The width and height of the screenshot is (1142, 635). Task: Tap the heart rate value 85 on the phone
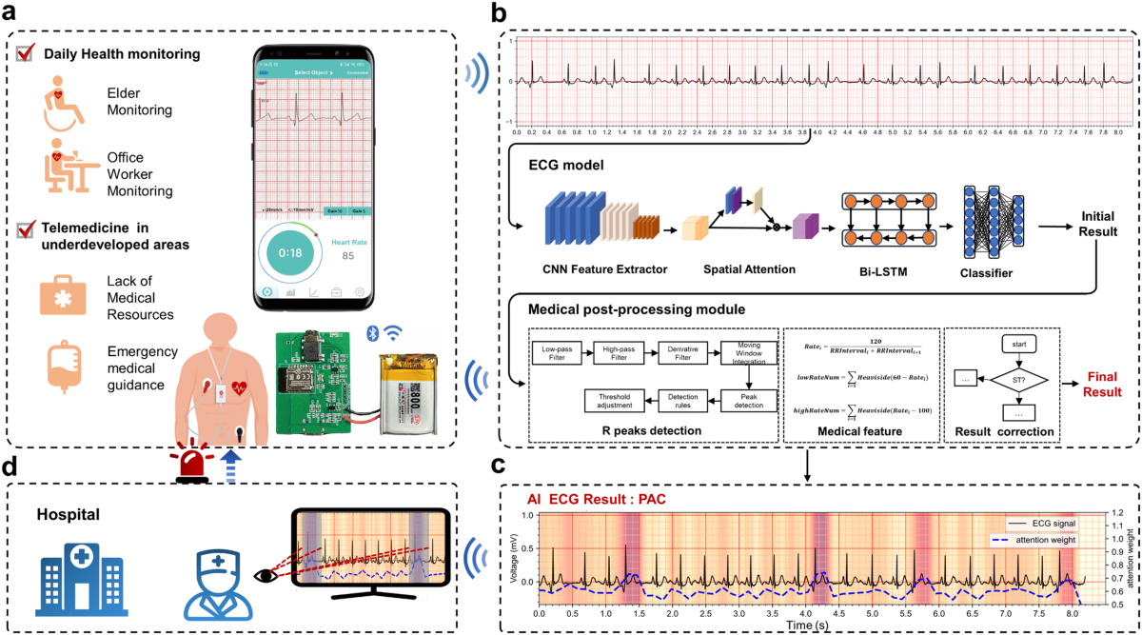pyautogui.click(x=348, y=256)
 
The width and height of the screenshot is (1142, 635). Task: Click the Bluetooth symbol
pyautogui.click(x=372, y=333)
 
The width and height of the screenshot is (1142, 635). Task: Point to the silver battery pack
pyautogui.click(x=411, y=391)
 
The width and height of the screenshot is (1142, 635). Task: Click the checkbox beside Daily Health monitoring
pyautogui.click(x=26, y=53)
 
